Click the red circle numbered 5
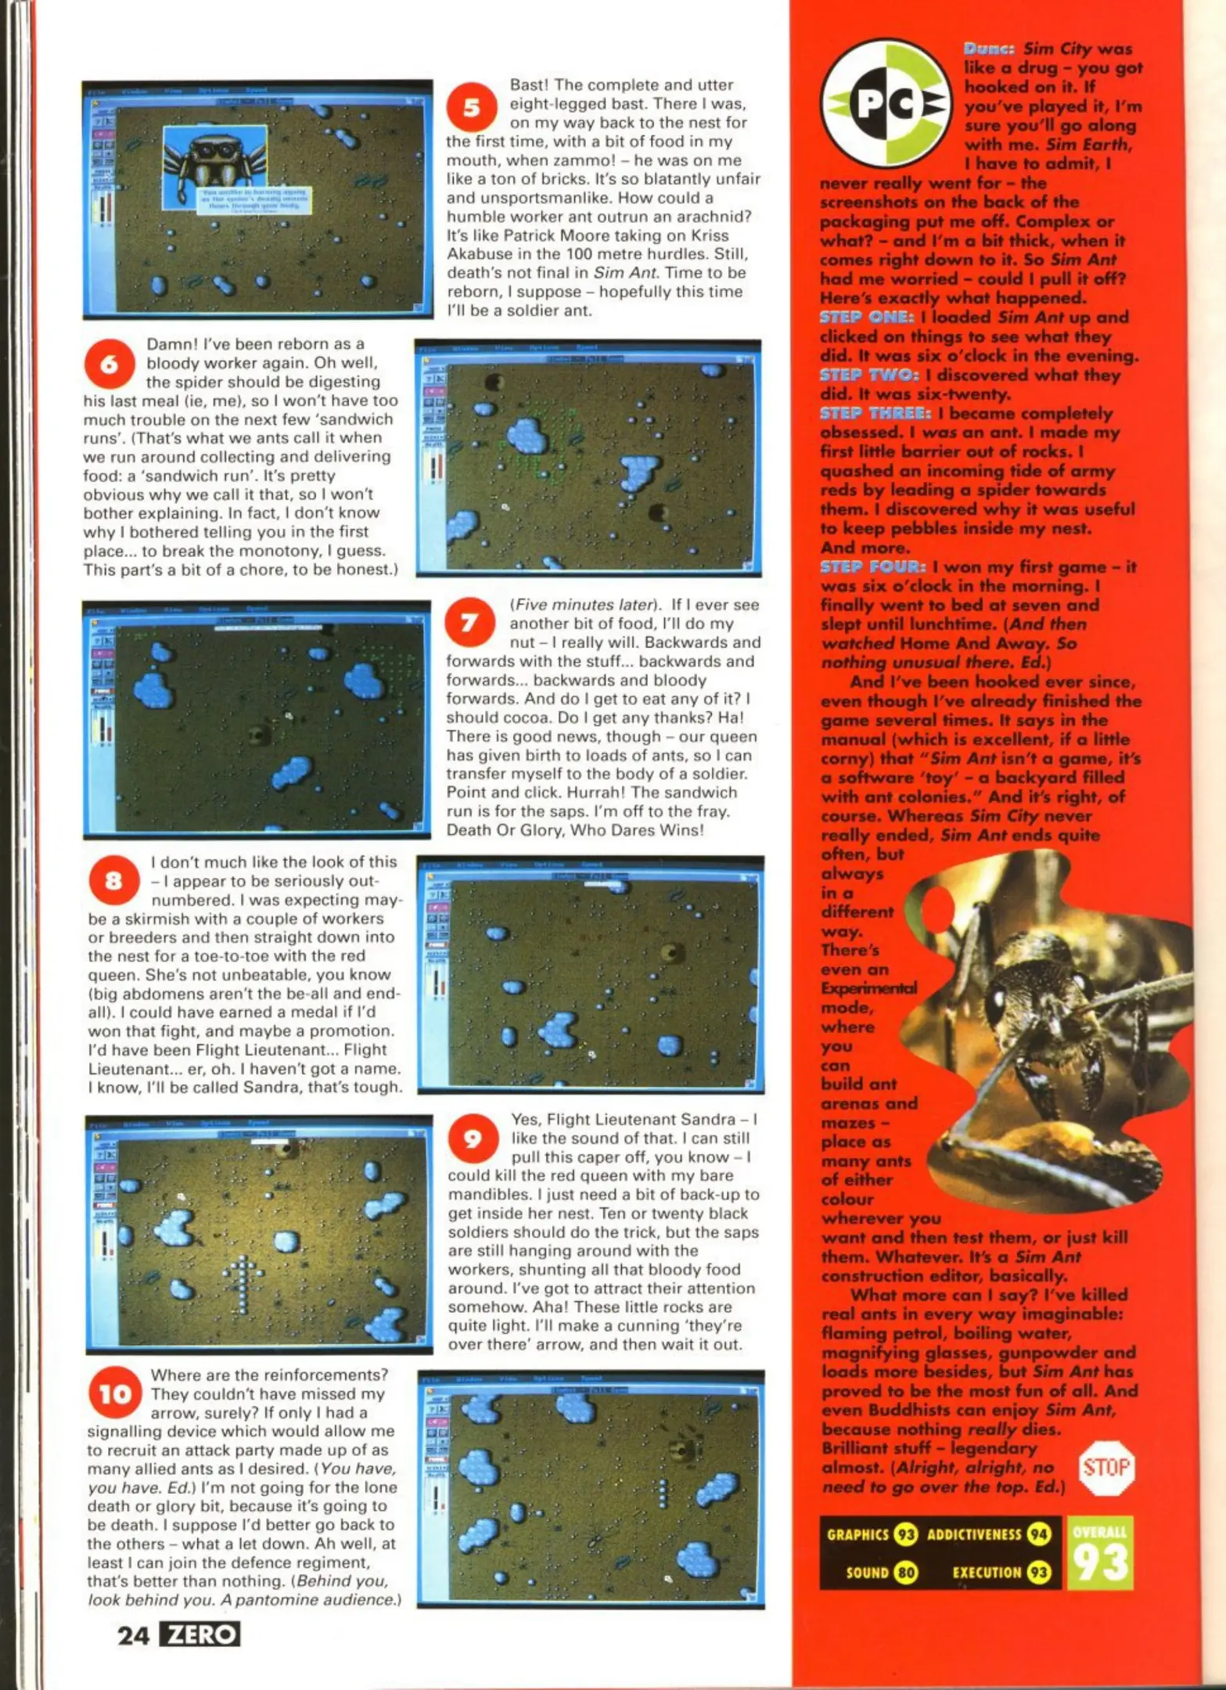(x=472, y=107)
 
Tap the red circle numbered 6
(x=109, y=364)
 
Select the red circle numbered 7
(x=469, y=624)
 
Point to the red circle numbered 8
(x=114, y=882)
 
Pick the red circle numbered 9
(x=473, y=1139)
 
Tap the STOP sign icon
(x=1106, y=1467)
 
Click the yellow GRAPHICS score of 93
(x=905, y=1535)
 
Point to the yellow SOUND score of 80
(x=907, y=1573)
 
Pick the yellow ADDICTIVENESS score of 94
(x=1039, y=1535)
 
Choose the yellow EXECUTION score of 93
(x=1039, y=1573)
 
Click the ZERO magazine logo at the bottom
(x=200, y=1634)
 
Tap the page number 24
(x=133, y=1635)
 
